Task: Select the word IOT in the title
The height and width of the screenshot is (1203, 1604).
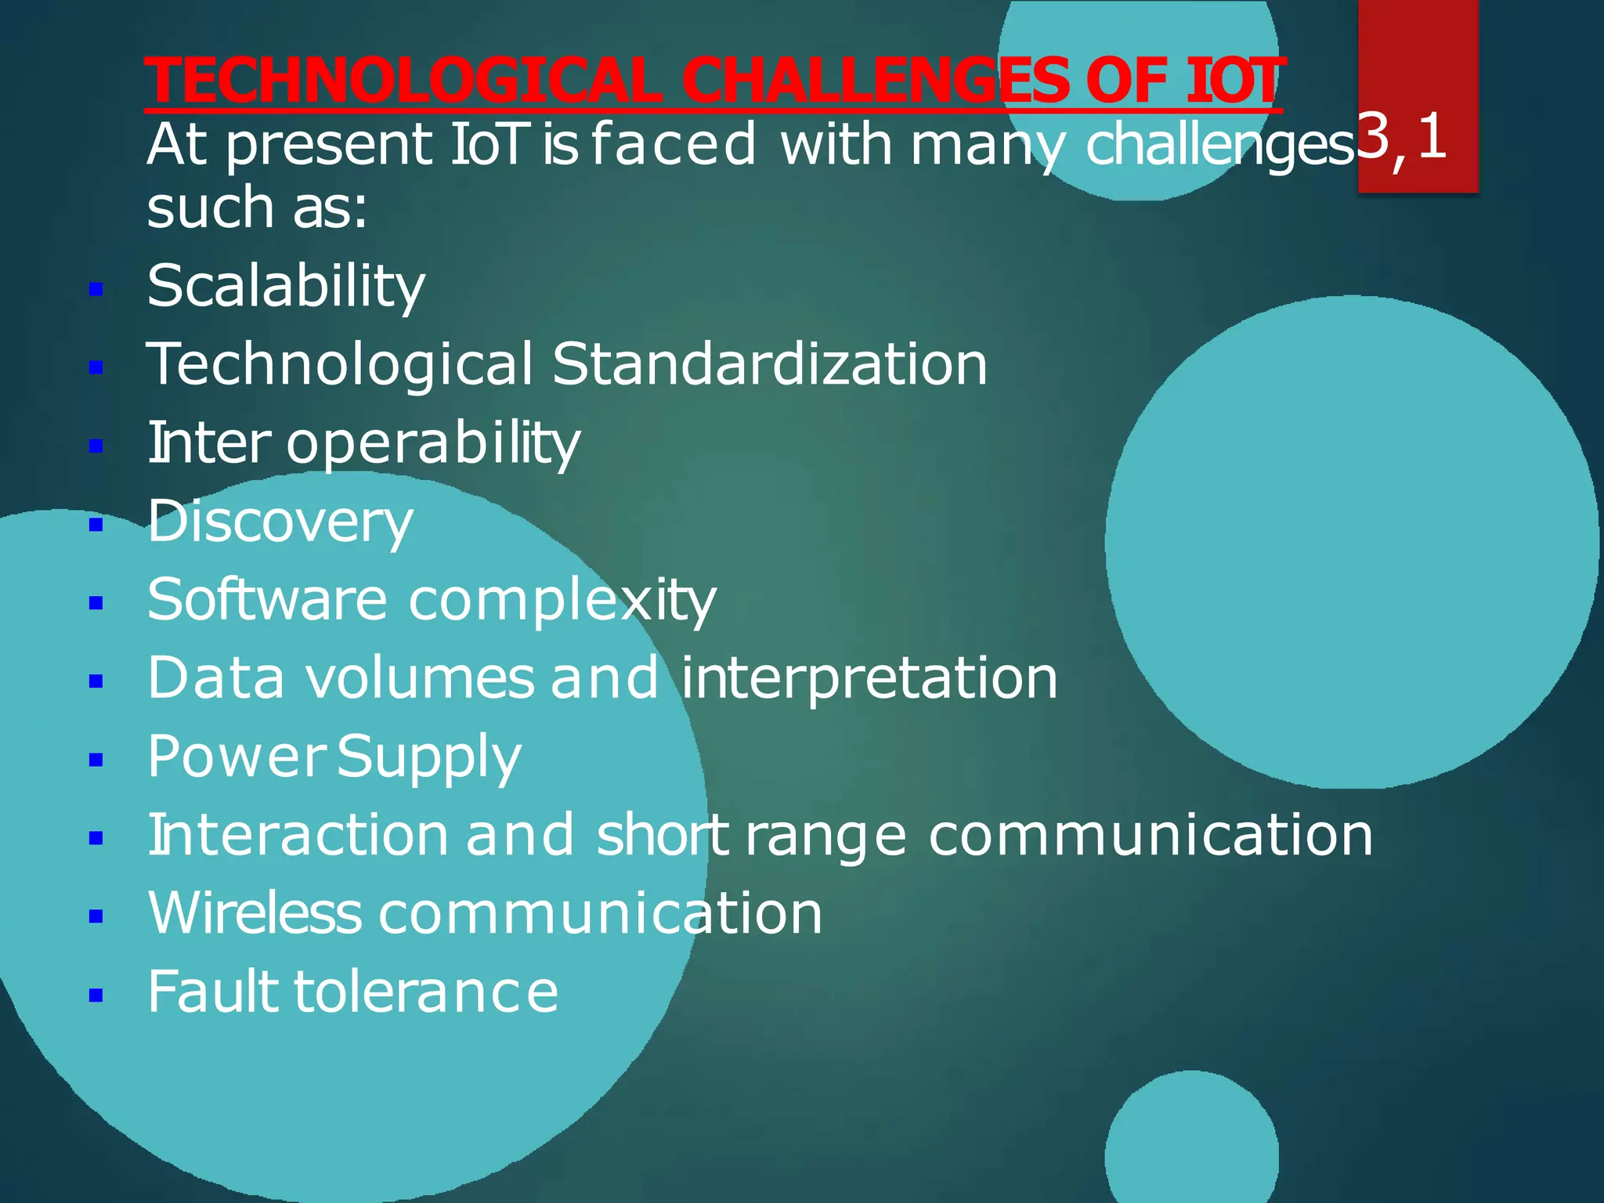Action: pyautogui.click(x=1234, y=81)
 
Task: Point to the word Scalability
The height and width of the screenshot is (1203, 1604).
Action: pyautogui.click(x=286, y=287)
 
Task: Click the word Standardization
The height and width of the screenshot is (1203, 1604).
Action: pyautogui.click(x=769, y=365)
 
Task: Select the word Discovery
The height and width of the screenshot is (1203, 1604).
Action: pyautogui.click(x=280, y=522)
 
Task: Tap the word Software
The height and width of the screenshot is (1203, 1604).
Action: pyautogui.click(x=267, y=600)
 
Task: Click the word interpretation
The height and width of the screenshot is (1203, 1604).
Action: pyautogui.click(x=869, y=678)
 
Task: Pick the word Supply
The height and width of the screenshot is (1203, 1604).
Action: pyautogui.click(x=429, y=757)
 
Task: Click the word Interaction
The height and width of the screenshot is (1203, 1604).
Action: pyautogui.click(x=298, y=835)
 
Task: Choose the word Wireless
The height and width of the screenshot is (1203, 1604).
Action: pyautogui.click(x=255, y=913)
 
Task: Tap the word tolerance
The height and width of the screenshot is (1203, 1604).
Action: pyautogui.click(x=426, y=992)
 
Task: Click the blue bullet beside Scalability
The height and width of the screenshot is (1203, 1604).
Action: pyautogui.click(x=96, y=290)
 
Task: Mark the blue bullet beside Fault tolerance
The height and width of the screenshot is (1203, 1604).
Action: pyautogui.click(x=96, y=995)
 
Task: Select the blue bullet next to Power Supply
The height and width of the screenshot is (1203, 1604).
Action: pyautogui.click(x=96, y=760)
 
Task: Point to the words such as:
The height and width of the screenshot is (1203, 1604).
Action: pyautogui.click(x=257, y=208)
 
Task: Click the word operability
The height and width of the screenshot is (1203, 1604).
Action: pyautogui.click(x=433, y=443)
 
